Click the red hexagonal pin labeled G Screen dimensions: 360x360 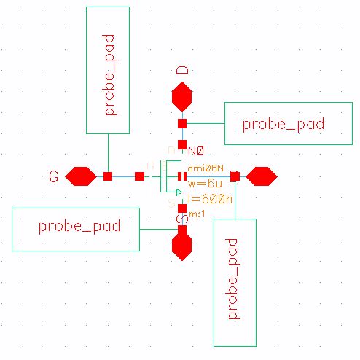(x=81, y=176)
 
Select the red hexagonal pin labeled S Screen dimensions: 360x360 (x=181, y=246)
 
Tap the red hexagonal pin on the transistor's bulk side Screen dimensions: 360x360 (x=260, y=176)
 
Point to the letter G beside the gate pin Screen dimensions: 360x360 (x=53, y=177)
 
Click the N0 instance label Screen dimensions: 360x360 (x=195, y=151)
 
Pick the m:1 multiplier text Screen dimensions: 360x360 (x=196, y=214)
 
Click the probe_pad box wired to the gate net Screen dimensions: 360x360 (x=108, y=70)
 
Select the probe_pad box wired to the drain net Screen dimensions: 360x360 (x=283, y=123)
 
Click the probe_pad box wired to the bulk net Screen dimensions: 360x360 (x=235, y=281)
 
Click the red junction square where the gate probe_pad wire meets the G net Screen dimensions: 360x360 (x=108, y=176)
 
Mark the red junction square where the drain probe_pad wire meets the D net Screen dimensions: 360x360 (x=182, y=123)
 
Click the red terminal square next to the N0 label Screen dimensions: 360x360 (x=182, y=144)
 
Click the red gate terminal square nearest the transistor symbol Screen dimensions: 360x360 (x=139, y=176)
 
